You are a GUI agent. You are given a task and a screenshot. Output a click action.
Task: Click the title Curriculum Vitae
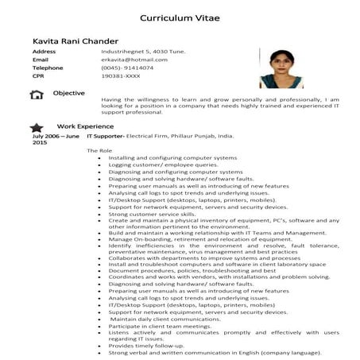(x=179, y=16)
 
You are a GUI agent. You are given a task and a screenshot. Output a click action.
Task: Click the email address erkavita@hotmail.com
(x=134, y=60)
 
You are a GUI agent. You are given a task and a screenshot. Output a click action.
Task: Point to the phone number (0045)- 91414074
(x=127, y=68)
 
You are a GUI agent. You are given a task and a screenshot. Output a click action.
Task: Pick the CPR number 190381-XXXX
(x=120, y=77)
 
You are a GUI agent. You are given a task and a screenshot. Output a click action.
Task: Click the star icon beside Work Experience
(x=36, y=127)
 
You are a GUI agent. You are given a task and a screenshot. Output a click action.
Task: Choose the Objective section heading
(x=68, y=93)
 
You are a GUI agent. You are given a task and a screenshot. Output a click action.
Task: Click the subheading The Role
(x=100, y=151)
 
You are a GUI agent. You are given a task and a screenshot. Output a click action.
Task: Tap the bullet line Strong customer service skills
(x=152, y=214)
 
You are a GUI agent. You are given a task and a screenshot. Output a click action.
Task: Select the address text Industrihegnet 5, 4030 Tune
(x=144, y=51)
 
